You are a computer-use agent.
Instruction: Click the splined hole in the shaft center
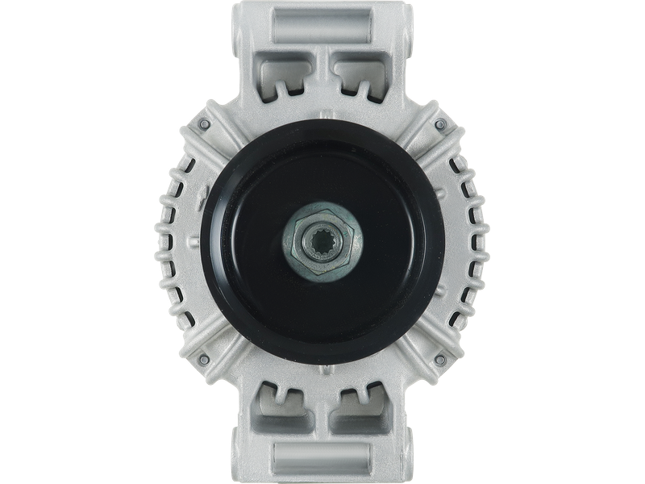pos(322,241)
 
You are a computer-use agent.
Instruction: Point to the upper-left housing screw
pos(204,126)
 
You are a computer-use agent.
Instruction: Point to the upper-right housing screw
pos(440,126)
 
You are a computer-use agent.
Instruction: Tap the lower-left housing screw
pos(204,358)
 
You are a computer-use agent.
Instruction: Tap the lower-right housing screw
pos(440,358)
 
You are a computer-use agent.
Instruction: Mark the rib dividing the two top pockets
pos(322,77)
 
